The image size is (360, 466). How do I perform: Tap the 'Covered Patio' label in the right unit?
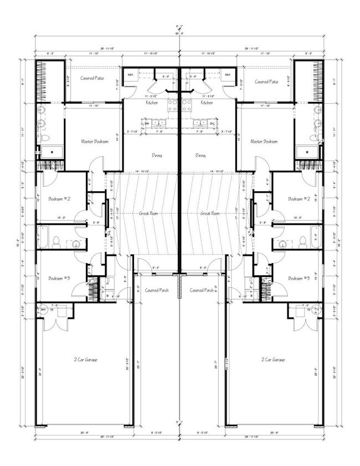pyautogui.click(x=266, y=81)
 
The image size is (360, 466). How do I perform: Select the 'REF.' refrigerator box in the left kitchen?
pyautogui.click(x=131, y=75)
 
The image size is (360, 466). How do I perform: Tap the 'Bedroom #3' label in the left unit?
pyautogui.click(x=59, y=278)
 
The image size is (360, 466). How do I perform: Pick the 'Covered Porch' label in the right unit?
pyautogui.click(x=202, y=290)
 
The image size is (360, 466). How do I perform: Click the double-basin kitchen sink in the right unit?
pyautogui.click(x=199, y=123)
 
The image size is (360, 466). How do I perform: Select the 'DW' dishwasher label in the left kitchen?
pyautogui.click(x=148, y=124)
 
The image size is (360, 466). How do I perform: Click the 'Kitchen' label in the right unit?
pyautogui.click(x=207, y=103)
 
